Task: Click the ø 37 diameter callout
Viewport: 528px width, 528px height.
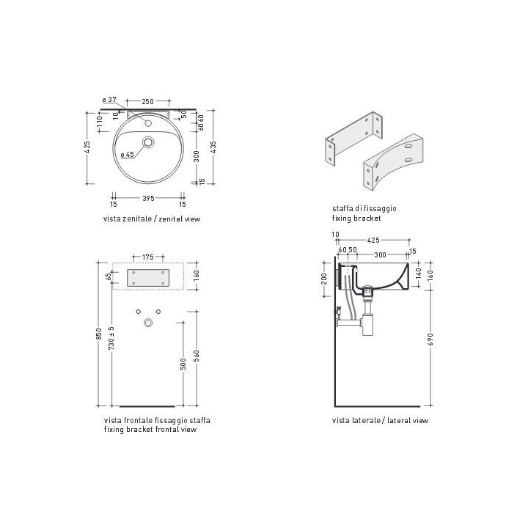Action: click(x=109, y=100)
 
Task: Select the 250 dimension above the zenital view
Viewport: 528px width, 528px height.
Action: click(x=148, y=101)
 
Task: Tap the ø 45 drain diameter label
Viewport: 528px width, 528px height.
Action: click(x=128, y=155)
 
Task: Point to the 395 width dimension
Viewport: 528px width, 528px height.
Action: click(x=148, y=198)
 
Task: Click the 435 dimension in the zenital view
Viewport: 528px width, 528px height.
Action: click(x=213, y=147)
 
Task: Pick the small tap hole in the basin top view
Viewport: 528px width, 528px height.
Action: click(x=148, y=123)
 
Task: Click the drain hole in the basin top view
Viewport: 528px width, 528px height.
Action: click(x=148, y=142)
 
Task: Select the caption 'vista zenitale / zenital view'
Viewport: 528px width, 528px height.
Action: click(x=152, y=219)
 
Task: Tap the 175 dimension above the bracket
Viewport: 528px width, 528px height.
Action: click(x=148, y=257)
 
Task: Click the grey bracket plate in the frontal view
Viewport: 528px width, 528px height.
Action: click(x=148, y=278)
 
